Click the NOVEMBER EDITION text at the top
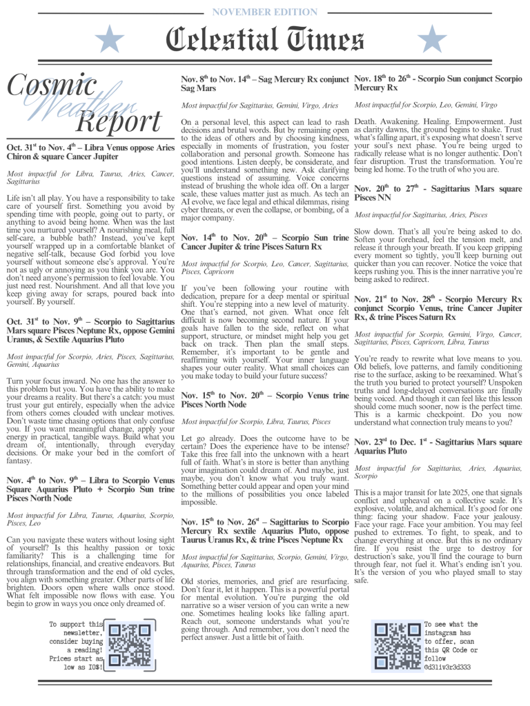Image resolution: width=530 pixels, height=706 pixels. (264, 11)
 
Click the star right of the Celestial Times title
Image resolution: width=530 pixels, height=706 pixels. (432, 40)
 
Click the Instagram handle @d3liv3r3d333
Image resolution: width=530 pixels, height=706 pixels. (447, 667)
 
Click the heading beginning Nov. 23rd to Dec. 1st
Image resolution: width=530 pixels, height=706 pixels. (438, 447)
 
